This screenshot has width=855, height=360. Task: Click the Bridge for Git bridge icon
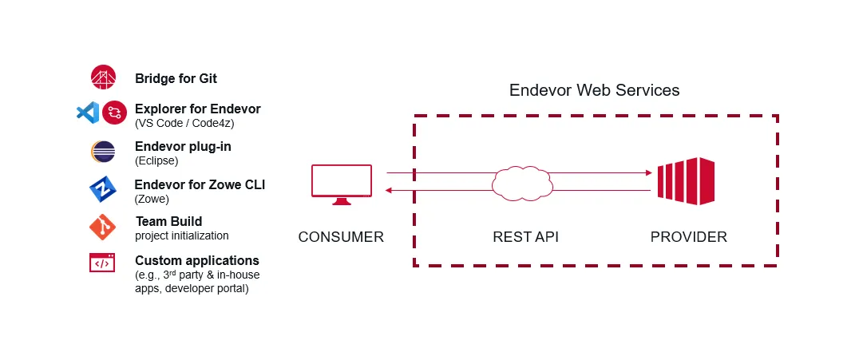point(103,77)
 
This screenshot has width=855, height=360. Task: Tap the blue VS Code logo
point(87,113)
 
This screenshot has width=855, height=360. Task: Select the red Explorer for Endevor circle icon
point(114,113)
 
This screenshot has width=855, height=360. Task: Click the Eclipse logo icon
point(103,152)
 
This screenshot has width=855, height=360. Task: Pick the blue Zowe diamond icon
point(103,189)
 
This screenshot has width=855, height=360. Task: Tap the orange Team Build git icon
point(103,227)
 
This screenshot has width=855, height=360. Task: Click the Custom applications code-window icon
point(102,263)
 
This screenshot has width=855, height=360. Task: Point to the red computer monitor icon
point(342,184)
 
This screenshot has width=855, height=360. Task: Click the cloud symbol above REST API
point(522,182)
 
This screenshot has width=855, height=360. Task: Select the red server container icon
point(686,181)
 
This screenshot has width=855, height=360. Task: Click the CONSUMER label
point(342,237)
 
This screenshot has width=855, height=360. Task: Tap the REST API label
point(525,237)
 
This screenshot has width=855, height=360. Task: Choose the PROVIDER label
point(689,237)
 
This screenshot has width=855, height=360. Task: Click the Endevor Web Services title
point(595,90)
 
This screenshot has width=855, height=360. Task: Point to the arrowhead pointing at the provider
point(649,173)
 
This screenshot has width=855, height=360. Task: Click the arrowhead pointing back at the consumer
point(389,190)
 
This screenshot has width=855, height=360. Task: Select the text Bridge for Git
point(176,78)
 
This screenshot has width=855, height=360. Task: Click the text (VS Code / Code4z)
point(184,123)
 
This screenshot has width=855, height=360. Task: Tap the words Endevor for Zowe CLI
point(200,185)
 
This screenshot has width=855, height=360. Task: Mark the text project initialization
point(182,235)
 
